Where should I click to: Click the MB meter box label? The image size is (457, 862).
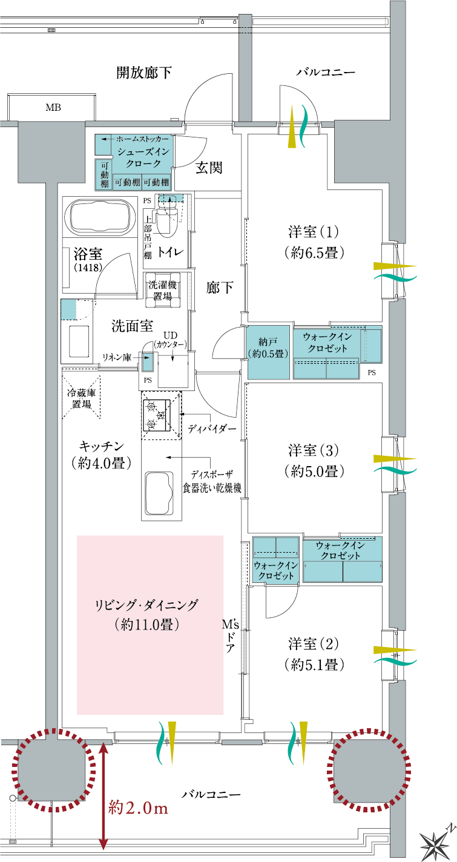(x=53, y=108)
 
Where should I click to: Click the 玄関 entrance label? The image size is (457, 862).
(x=208, y=168)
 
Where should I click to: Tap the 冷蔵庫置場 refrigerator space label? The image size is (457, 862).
(x=82, y=398)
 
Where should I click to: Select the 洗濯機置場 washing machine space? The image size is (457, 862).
(x=162, y=290)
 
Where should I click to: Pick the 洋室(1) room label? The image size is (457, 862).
(x=314, y=242)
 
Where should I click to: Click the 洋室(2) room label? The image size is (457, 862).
(x=314, y=654)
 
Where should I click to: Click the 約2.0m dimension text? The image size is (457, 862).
(x=138, y=808)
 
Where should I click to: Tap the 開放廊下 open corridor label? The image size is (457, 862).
(x=144, y=73)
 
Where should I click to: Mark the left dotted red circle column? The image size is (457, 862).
(x=54, y=769)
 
